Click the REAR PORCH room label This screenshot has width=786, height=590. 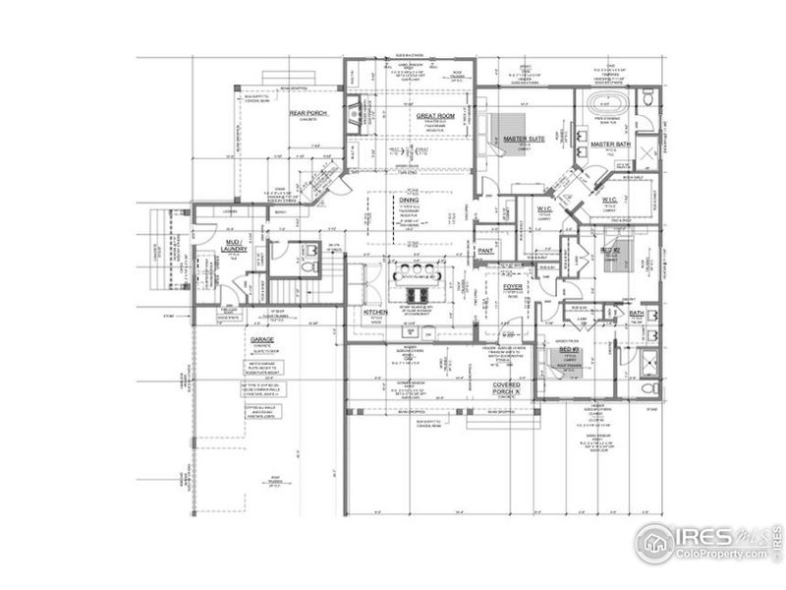[308, 113]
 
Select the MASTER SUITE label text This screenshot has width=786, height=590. [525, 140]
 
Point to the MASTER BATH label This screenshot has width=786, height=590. [609, 145]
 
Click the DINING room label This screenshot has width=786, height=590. [409, 199]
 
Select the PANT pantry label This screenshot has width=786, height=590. [485, 251]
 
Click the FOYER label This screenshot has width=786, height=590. [513, 286]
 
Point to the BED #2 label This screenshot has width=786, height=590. [611, 251]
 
